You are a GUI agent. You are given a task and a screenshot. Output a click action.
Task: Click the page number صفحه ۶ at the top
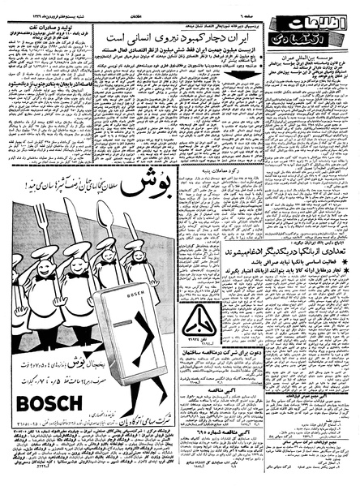[x=236, y=6]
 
